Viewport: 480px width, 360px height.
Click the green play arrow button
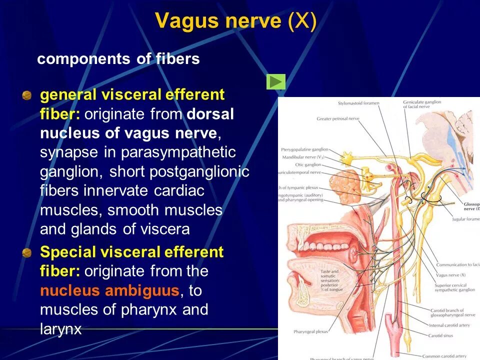click(x=276, y=81)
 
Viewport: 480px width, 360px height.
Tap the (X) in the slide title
click(x=302, y=21)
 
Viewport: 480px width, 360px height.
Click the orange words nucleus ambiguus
click(x=109, y=290)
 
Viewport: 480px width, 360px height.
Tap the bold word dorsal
click(x=210, y=113)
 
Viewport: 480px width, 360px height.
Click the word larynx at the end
click(x=60, y=329)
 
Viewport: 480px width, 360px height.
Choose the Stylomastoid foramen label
click(x=358, y=103)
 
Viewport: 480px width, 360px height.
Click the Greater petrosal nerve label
click(x=337, y=118)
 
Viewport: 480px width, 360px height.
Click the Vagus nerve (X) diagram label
click(x=450, y=275)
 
